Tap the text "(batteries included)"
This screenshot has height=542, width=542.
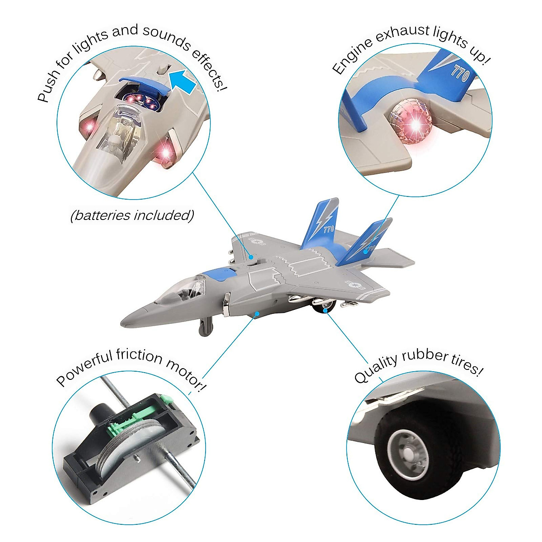[x=132, y=215]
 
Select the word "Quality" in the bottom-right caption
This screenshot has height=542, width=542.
[x=375, y=368]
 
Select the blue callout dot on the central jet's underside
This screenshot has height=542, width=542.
[x=257, y=313]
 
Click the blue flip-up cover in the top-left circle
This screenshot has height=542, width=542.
[x=143, y=84]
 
